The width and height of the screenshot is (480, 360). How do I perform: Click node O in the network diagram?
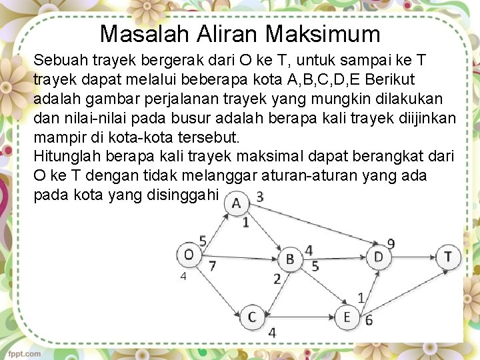point(189,255)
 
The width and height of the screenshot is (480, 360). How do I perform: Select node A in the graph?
point(237,204)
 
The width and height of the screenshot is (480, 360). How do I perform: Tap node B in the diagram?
point(290,258)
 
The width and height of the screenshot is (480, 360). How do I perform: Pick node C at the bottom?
point(251,316)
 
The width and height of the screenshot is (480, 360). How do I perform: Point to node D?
point(379,256)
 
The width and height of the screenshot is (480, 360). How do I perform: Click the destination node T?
point(448,256)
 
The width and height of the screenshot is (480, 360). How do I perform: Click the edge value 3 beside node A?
point(259,197)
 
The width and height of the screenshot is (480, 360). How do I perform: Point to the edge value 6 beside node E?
point(368,321)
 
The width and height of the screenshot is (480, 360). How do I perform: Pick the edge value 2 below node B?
point(277,279)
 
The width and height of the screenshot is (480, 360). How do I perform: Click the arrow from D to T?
point(413,256)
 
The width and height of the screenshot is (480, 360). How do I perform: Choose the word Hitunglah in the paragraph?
point(65,157)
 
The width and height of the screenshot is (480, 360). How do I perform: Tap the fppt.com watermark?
point(24,353)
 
